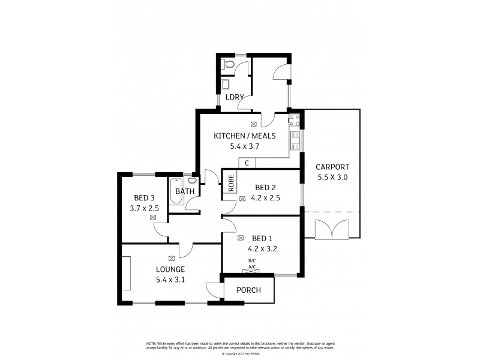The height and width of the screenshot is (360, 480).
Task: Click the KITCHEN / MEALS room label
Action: pos(245,136)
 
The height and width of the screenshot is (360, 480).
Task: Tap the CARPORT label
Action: pos(332,167)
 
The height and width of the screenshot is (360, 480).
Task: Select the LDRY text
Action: pos(234,97)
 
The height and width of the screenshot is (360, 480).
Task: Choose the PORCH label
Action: pos(248,290)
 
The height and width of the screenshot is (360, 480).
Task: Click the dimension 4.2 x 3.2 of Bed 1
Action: pos(262,247)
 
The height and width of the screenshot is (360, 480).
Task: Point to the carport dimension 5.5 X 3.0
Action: pos(332,178)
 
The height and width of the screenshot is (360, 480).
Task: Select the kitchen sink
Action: pos(295,141)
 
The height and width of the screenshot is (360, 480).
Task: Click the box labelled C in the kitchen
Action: pos(247,163)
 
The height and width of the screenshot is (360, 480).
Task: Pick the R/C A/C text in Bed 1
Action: pos(251,263)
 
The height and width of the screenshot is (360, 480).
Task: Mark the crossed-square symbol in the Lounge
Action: pos(172,258)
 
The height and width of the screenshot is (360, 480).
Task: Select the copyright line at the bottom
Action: pos(239,353)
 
